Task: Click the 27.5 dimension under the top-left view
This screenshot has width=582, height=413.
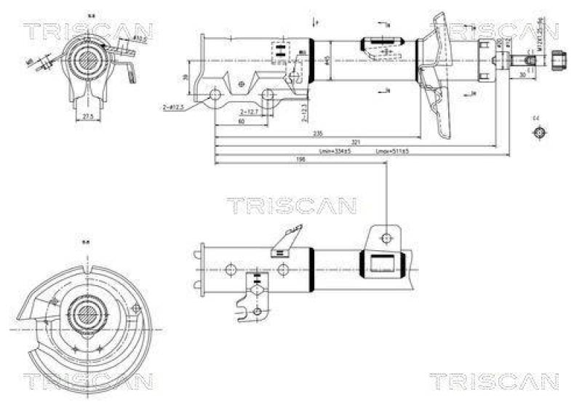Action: [88, 116]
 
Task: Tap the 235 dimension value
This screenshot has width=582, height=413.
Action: [318, 134]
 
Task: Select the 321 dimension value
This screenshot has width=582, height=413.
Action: [356, 142]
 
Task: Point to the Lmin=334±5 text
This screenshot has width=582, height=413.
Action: [335, 151]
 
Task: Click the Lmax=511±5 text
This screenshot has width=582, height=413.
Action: [392, 151]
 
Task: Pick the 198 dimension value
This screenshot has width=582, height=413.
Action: [300, 159]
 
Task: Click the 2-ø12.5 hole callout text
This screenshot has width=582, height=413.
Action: [174, 107]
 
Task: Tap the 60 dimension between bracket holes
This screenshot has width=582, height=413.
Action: [241, 121]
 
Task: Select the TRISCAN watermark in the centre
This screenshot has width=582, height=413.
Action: [291, 206]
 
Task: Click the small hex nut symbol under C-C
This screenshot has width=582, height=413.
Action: [538, 132]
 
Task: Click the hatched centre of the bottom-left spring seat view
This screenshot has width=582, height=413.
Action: [87, 316]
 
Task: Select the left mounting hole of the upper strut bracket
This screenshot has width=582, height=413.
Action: [215, 95]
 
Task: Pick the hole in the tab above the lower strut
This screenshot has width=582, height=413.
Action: [386, 237]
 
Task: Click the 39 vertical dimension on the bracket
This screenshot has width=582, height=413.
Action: [186, 78]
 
